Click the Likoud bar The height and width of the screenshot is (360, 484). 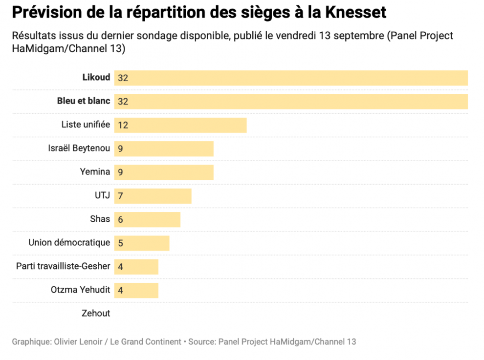(291, 78)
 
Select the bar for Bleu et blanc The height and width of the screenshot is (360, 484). (291, 102)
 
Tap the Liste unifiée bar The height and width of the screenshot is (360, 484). (181, 125)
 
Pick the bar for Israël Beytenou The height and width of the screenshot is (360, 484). (164, 149)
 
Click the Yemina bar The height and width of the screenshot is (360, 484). (164, 172)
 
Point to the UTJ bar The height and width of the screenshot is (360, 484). (153, 196)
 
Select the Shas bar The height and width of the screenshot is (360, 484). (148, 219)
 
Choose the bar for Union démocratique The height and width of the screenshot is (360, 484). (142, 243)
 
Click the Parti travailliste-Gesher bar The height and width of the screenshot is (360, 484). (137, 267)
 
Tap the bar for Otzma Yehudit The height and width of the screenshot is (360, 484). (137, 290)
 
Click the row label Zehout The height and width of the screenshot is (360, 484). (96, 314)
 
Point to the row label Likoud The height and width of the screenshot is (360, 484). (96, 78)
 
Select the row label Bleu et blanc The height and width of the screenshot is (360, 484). (84, 101)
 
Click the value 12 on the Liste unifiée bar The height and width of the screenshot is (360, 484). (123, 126)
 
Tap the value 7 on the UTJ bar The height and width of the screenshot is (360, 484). (120, 196)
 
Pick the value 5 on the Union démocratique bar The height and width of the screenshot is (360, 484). (120, 243)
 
